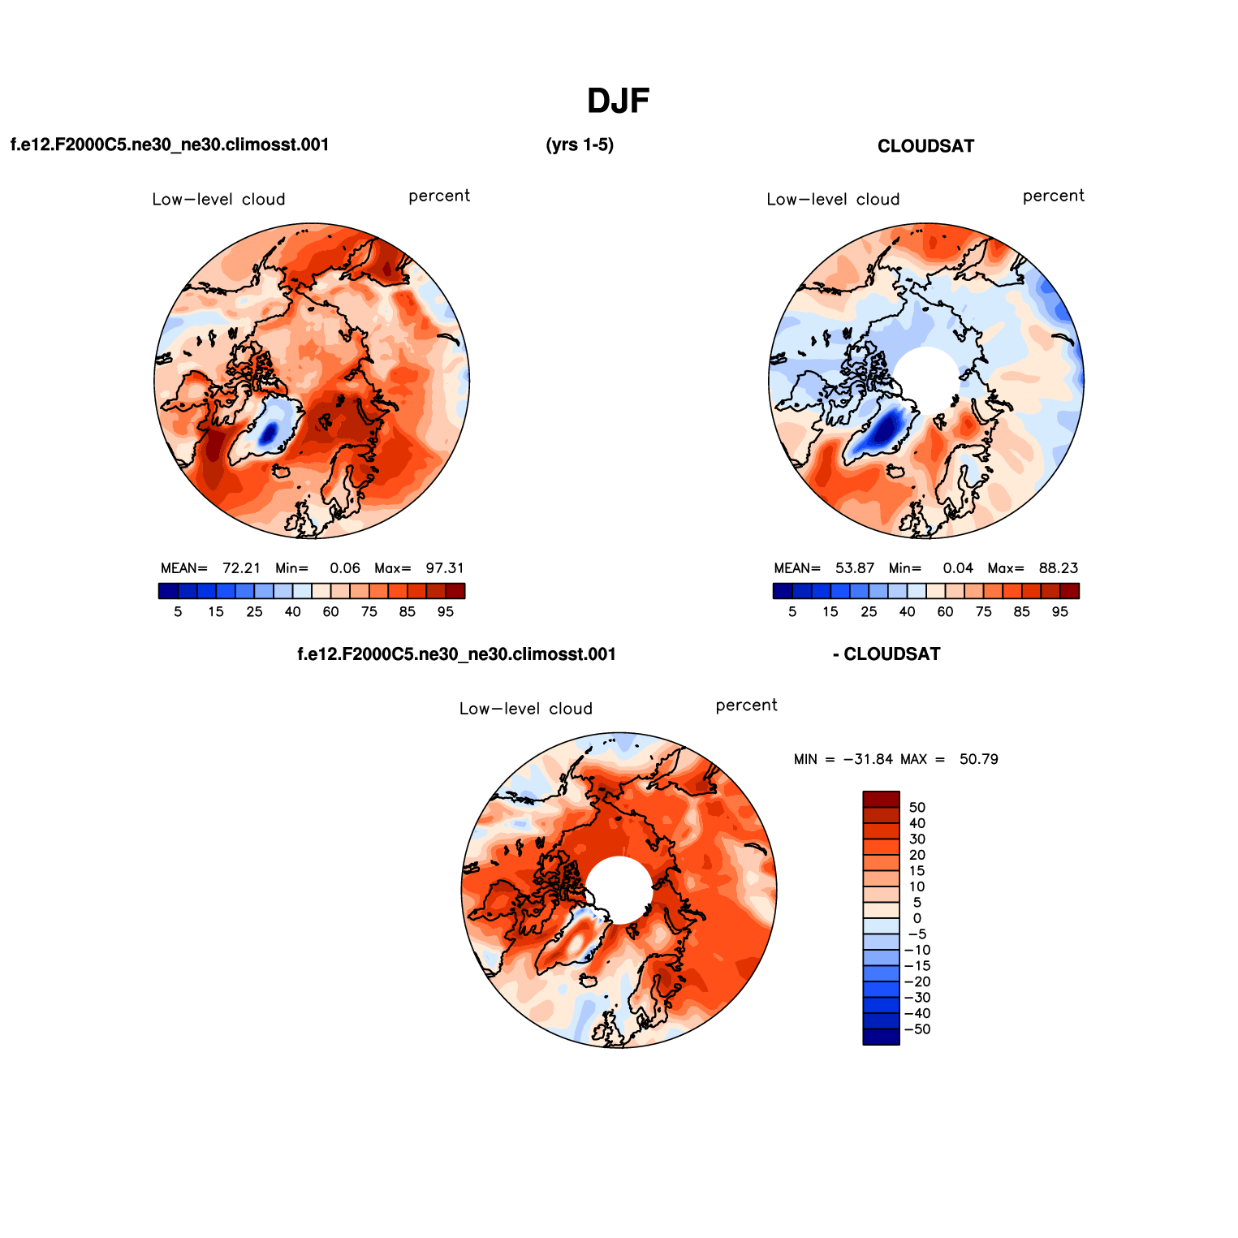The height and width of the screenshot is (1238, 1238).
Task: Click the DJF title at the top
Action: coord(618,101)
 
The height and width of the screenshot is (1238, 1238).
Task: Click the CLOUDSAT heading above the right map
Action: coord(925,146)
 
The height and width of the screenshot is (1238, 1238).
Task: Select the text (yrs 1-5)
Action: coord(580,145)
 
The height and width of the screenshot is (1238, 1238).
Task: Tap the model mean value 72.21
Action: coord(241,568)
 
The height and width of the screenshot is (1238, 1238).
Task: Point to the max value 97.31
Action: coord(445,568)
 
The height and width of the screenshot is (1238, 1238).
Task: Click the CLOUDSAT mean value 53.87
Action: coord(855,568)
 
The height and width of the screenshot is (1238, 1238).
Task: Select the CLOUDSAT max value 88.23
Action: coord(1059,568)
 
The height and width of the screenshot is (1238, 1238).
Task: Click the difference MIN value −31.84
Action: coord(868,760)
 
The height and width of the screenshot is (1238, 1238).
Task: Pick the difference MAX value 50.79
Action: coord(978,760)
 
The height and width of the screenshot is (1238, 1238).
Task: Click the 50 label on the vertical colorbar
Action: coord(917,808)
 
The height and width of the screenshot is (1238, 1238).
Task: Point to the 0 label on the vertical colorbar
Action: coord(917,919)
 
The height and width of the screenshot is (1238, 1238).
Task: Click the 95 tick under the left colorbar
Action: coord(446,612)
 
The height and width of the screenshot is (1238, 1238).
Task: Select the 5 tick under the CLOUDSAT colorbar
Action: coord(792,612)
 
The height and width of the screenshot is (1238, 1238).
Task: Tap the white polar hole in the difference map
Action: coord(619,890)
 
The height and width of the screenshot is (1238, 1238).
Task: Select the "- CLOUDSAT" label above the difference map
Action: coord(886,654)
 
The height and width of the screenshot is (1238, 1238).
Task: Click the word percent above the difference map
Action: coord(746,705)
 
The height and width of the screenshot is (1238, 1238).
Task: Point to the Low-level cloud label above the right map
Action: coord(833,200)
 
